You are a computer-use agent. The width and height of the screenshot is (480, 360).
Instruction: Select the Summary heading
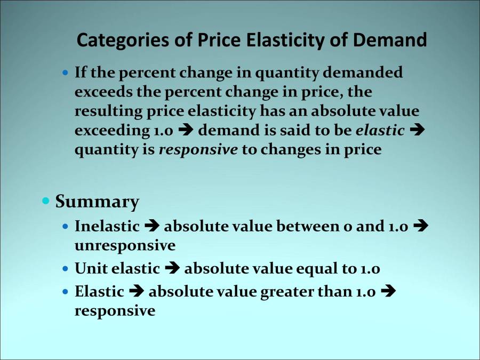coord(97,202)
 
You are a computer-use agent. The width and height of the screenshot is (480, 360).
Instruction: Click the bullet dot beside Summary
coord(46,201)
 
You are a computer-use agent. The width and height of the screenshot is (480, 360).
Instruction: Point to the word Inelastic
coord(107,226)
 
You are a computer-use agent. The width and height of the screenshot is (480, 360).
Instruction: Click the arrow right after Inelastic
coord(152,226)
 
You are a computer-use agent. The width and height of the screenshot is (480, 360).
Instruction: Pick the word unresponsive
coord(125,245)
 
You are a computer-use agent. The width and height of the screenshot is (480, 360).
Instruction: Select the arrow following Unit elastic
coord(172,269)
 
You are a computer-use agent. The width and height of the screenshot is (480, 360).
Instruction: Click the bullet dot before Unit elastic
coord(65,269)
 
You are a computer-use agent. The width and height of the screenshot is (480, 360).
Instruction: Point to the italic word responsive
coord(198,150)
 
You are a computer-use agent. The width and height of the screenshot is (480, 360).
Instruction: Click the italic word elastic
coord(380,131)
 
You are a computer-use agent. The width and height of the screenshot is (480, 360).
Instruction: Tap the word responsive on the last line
coord(115,311)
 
